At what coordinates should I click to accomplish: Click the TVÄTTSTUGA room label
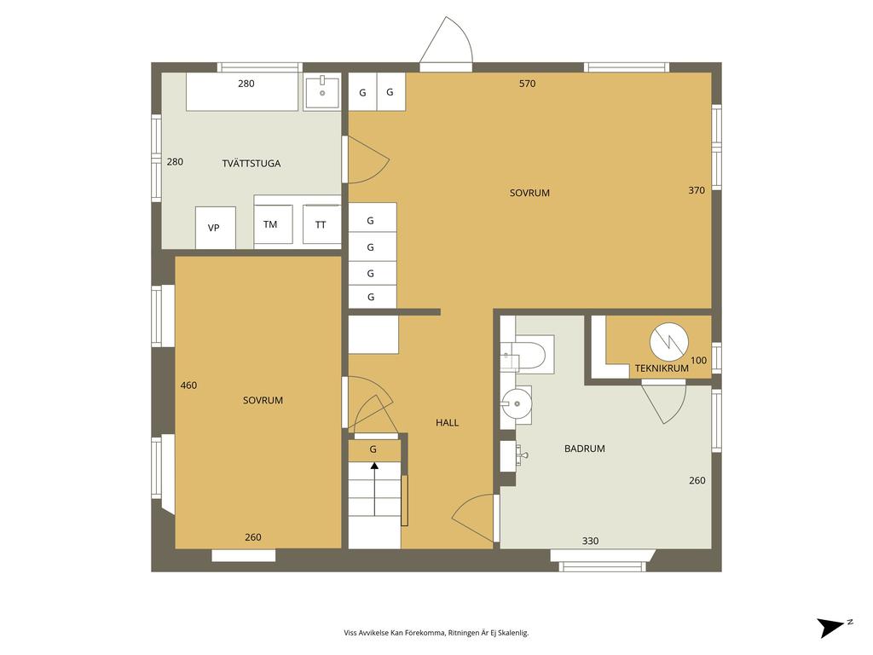click(x=251, y=163)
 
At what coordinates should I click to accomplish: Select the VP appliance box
click(x=216, y=228)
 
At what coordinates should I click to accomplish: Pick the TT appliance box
click(x=321, y=224)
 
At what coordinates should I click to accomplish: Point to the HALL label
click(x=447, y=423)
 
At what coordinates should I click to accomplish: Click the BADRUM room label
click(x=585, y=449)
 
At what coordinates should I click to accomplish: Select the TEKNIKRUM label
click(x=662, y=368)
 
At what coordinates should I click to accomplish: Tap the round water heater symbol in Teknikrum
click(x=668, y=342)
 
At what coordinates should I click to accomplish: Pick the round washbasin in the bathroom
click(x=517, y=403)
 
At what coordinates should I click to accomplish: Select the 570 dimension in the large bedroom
click(x=527, y=84)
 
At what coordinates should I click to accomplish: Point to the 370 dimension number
click(x=697, y=190)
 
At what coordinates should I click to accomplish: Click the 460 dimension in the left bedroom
click(x=188, y=385)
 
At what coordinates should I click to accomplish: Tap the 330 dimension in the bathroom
click(x=590, y=540)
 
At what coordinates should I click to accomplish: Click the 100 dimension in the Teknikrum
click(x=698, y=361)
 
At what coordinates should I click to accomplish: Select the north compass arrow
click(x=832, y=627)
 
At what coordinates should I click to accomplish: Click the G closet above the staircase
click(x=373, y=450)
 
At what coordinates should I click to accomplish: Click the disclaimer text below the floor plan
click(x=436, y=633)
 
